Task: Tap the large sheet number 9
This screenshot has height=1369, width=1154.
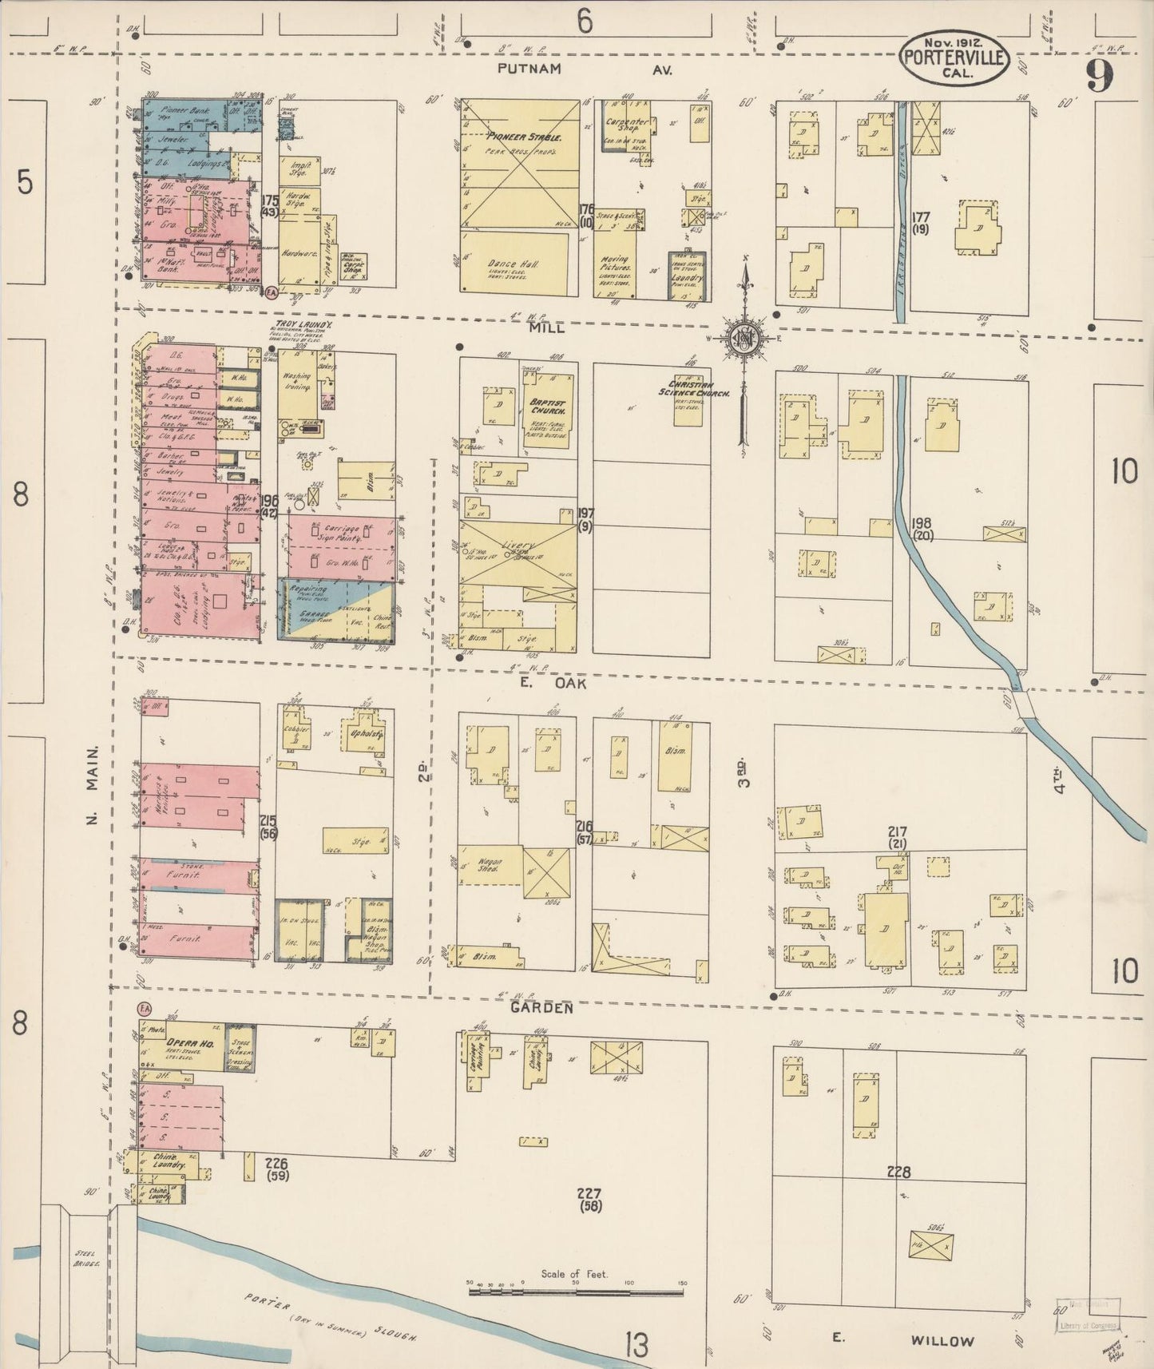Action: click(1099, 77)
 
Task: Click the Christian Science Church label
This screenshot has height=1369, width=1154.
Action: click(693, 389)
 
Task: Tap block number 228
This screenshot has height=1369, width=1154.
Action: click(898, 1173)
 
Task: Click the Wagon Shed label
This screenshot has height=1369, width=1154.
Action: click(489, 863)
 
